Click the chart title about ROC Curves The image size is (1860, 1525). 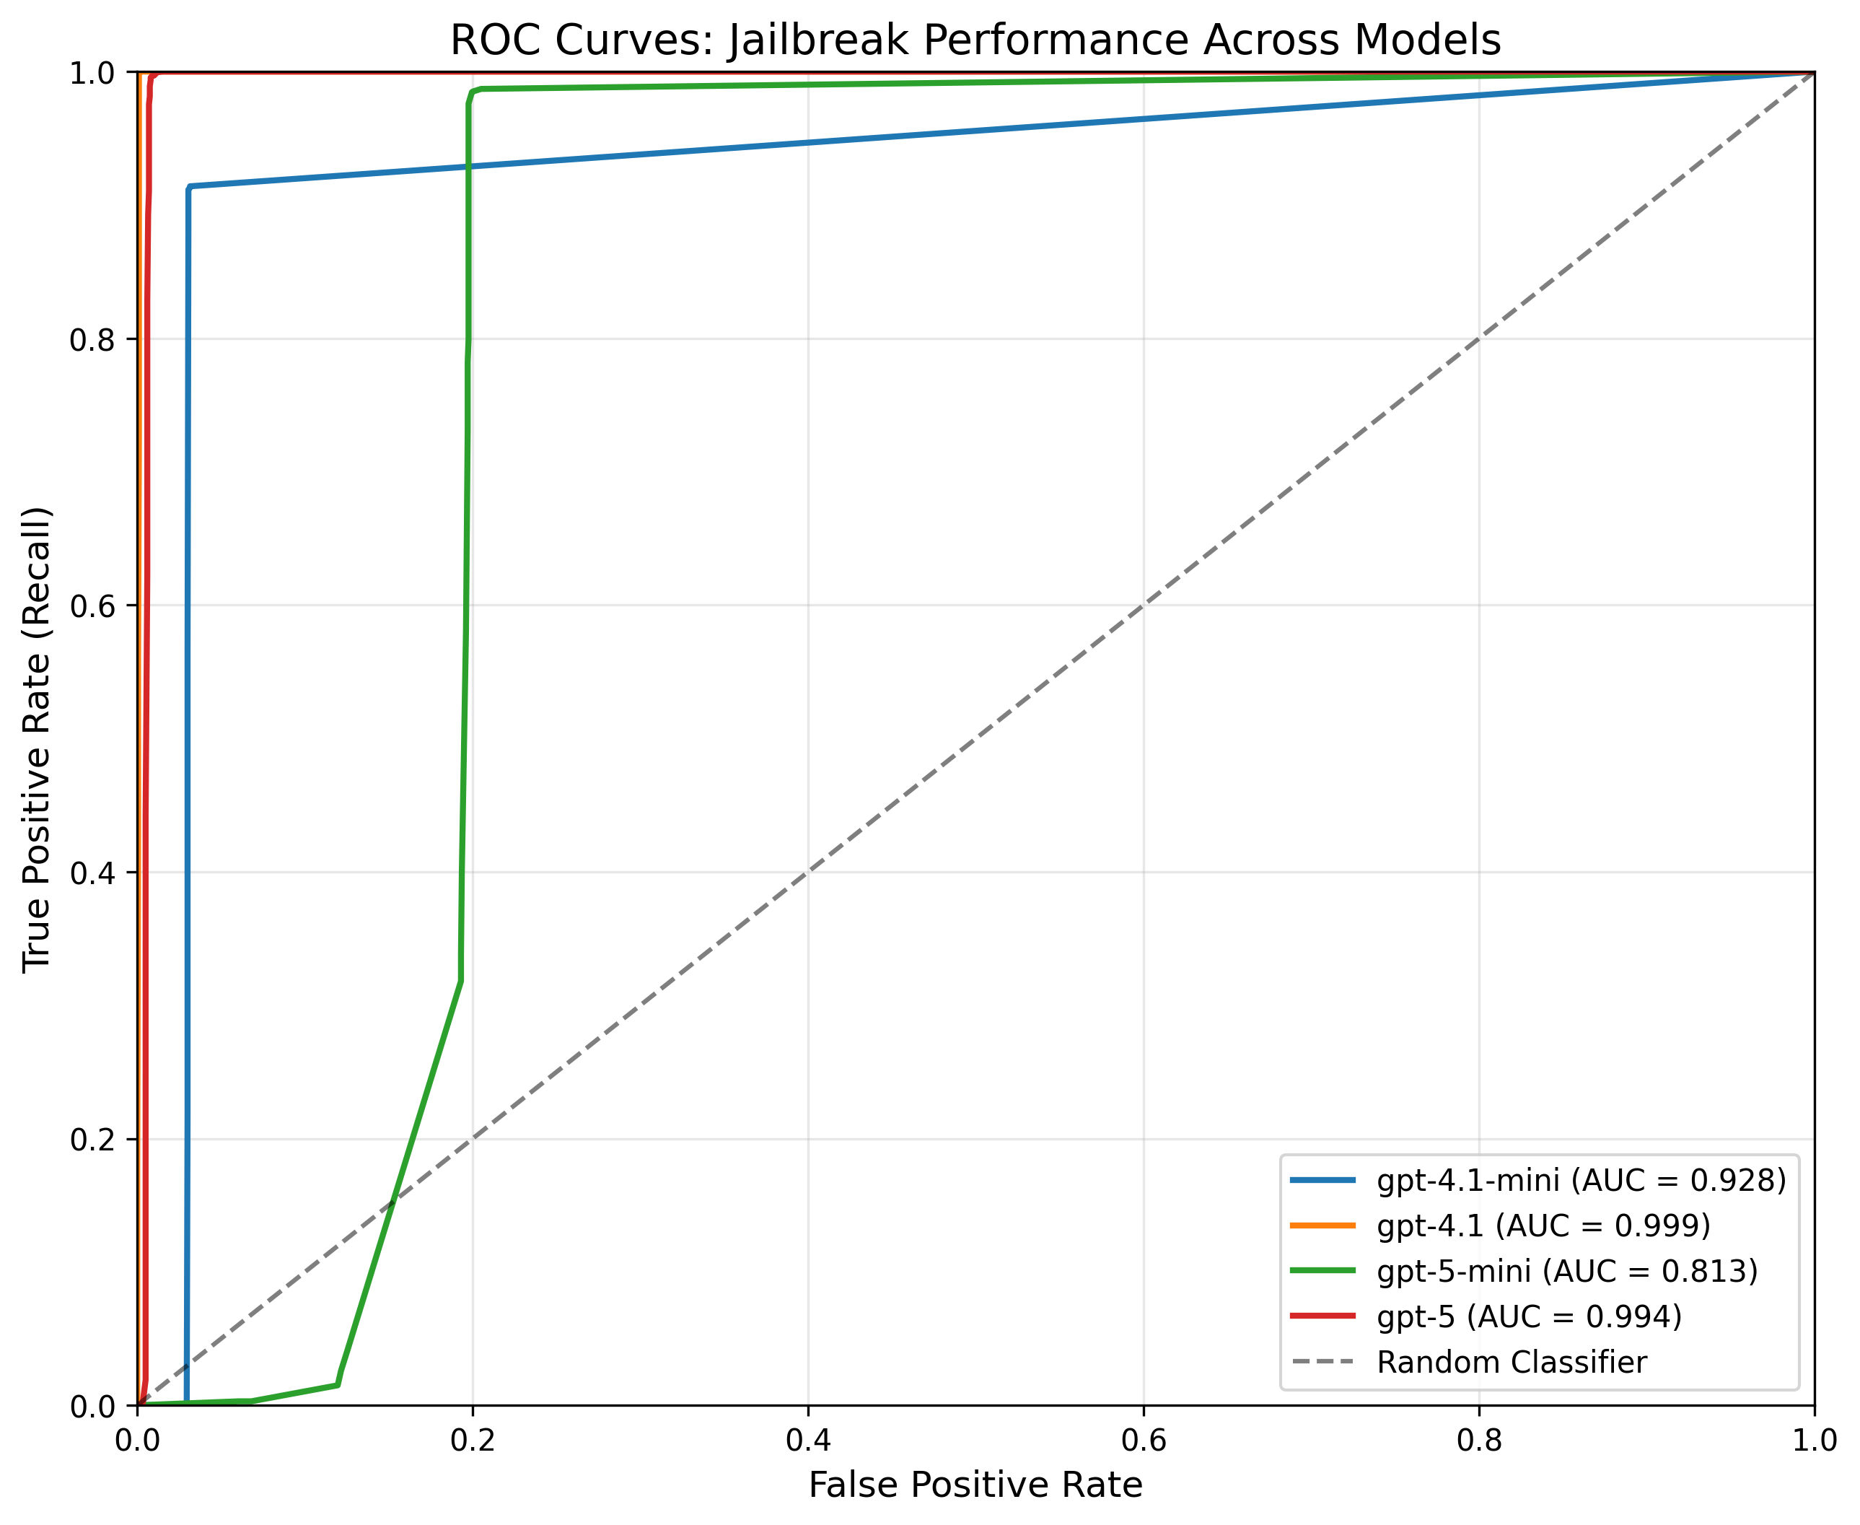click(x=975, y=40)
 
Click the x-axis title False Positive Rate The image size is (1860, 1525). click(x=975, y=1485)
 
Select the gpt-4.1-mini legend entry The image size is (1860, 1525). click(x=1581, y=1180)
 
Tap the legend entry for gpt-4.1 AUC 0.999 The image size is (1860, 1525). click(x=1543, y=1225)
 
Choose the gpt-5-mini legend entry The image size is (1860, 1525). click(x=1566, y=1271)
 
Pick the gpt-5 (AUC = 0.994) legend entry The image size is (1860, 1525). click(x=1529, y=1317)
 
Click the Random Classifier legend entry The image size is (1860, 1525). click(x=1512, y=1363)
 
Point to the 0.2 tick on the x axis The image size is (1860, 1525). click(x=473, y=1441)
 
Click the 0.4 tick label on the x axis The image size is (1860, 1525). click(x=808, y=1441)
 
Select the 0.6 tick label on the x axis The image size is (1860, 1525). click(x=1144, y=1441)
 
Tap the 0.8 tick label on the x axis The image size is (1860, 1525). click(x=1479, y=1441)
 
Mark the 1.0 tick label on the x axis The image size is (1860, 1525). click(x=1813, y=1441)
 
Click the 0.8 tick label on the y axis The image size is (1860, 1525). click(x=92, y=340)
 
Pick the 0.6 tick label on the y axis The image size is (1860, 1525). click(x=92, y=606)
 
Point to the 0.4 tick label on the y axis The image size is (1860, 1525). click(x=92, y=873)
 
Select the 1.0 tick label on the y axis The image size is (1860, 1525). click(x=92, y=73)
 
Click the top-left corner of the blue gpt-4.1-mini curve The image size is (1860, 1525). click(x=189, y=187)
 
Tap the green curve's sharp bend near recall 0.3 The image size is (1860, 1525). click(x=460, y=982)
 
